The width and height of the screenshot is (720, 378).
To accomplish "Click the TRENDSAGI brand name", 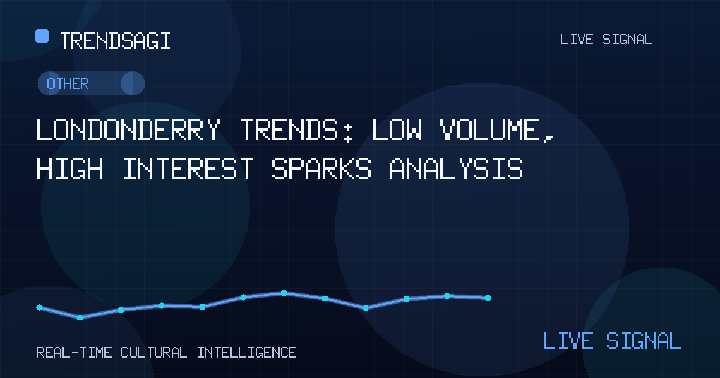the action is pyautogui.click(x=115, y=41).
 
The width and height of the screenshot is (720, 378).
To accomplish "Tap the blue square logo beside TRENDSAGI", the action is pyautogui.click(x=42, y=35).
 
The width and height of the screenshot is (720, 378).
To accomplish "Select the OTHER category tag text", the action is pyautogui.click(x=67, y=84).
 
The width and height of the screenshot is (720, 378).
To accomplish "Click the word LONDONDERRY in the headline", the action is pyautogui.click(x=128, y=130).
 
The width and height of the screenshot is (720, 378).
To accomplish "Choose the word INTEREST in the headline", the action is pyautogui.click(x=188, y=169).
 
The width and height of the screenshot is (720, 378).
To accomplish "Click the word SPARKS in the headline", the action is pyautogui.click(x=322, y=169).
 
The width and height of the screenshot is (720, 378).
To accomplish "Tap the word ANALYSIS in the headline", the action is pyautogui.click(x=456, y=169).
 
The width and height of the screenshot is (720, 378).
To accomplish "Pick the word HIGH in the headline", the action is pyautogui.click(x=70, y=169).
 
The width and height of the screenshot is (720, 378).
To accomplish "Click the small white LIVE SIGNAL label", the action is pyautogui.click(x=606, y=40).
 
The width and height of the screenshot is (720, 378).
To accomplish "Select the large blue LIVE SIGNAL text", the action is pyautogui.click(x=612, y=341).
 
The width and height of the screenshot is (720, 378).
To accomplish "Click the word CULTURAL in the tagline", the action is pyautogui.click(x=154, y=353).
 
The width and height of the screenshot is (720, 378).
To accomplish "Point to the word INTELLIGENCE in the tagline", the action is pyautogui.click(x=247, y=353).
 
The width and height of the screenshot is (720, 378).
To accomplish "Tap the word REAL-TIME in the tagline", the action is pyautogui.click(x=74, y=353).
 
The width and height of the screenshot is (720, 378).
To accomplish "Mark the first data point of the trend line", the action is pyautogui.click(x=40, y=308).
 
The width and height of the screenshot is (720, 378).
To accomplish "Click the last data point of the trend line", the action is pyautogui.click(x=488, y=298).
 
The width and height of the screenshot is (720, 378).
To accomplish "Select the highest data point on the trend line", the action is pyautogui.click(x=284, y=293).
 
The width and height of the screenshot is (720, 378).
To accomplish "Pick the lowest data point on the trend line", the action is pyautogui.click(x=80, y=317).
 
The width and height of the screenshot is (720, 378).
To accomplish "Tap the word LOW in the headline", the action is pyautogui.click(x=397, y=130).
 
